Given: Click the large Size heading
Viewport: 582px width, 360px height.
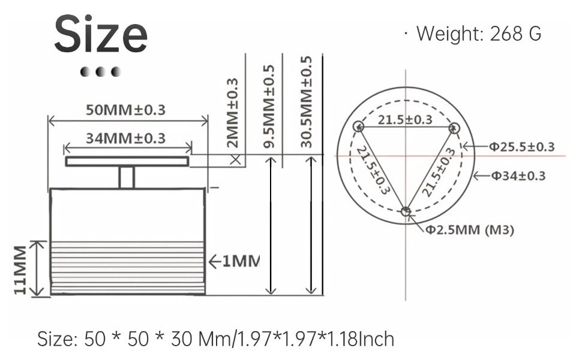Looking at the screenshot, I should tap(101, 35).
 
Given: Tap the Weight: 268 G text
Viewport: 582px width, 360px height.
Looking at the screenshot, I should tap(478, 34).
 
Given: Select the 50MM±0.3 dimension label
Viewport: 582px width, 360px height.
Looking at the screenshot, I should tap(125, 110).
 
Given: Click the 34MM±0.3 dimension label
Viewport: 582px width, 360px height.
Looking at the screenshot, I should tap(125, 138).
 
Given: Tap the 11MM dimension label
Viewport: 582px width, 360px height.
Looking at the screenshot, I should tap(20, 269).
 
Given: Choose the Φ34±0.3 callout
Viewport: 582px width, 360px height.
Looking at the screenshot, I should tap(518, 176).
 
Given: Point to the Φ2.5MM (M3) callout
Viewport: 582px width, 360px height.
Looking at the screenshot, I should tap(470, 230).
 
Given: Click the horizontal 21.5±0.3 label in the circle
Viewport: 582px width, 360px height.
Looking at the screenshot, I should tap(404, 119).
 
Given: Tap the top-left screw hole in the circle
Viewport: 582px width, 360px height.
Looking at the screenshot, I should tap(358, 127).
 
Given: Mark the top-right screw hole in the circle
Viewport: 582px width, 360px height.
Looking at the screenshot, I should tap(454, 127).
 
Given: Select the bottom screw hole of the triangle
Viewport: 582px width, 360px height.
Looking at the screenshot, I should tap(406, 211).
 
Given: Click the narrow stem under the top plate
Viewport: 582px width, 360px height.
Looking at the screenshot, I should tap(126, 177).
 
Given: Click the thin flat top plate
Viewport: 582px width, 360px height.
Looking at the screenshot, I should tap(127, 161).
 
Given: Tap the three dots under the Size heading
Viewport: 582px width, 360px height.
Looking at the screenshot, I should tap(101, 72).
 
